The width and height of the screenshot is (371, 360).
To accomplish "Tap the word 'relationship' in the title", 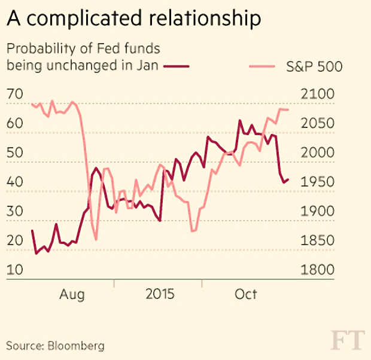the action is [x=205, y=19].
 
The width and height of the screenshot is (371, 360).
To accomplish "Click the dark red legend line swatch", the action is [x=177, y=66].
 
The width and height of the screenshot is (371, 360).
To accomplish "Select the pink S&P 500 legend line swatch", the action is [x=262, y=66].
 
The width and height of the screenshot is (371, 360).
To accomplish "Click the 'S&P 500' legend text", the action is [x=314, y=66].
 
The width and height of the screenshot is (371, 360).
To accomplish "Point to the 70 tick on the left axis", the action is [x=15, y=94].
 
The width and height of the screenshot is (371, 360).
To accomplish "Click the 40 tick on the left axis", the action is [x=15, y=182].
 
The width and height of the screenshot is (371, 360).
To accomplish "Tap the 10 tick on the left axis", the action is [x=15, y=270].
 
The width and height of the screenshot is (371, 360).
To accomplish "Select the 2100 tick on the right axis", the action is [x=318, y=94].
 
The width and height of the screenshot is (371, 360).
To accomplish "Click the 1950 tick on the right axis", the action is [x=318, y=182].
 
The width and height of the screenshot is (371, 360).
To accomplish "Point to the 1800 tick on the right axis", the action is [x=318, y=270].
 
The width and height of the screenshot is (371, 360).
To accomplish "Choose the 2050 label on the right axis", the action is [x=318, y=123].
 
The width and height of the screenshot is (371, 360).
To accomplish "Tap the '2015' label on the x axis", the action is [x=160, y=294].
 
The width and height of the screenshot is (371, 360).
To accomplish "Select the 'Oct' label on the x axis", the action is [x=245, y=294].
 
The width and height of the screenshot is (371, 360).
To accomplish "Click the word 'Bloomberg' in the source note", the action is [x=76, y=346].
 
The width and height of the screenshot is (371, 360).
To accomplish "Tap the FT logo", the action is [x=347, y=340].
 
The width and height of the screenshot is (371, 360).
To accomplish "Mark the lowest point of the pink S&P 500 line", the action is [x=96, y=240].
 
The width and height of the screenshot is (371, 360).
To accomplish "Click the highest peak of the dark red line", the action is [x=240, y=120].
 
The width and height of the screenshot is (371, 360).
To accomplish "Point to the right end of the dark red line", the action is [x=288, y=179].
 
